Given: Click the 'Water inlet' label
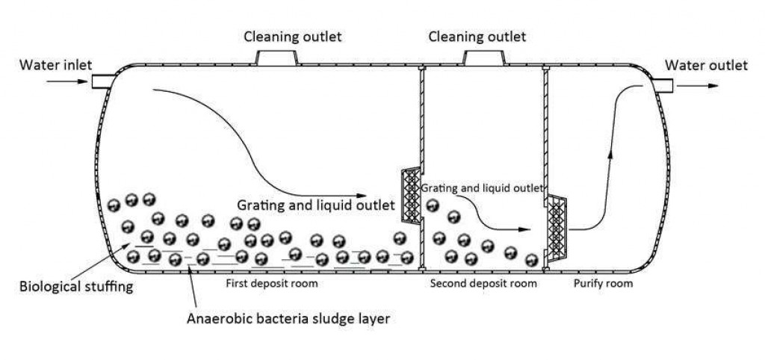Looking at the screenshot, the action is pyautogui.click(x=55, y=65).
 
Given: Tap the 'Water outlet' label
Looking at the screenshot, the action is pyautogui.click(x=706, y=66).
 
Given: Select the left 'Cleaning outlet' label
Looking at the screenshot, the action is pyautogui.click(x=293, y=37).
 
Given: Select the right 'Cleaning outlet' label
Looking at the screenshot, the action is pyautogui.click(x=477, y=37).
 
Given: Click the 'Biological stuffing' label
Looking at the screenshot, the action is pyautogui.click(x=76, y=286).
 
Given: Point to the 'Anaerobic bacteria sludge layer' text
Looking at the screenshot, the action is pyautogui.click(x=288, y=319).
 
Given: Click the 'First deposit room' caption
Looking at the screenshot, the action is pyautogui.click(x=272, y=283).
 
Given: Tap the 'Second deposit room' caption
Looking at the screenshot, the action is pyautogui.click(x=483, y=283).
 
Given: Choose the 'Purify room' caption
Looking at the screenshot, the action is pyautogui.click(x=603, y=283).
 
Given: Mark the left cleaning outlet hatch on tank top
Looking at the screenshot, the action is pyautogui.click(x=277, y=58).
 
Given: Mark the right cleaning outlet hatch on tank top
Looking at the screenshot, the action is pyautogui.click(x=484, y=58).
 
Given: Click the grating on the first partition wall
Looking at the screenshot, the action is pyautogui.click(x=411, y=196).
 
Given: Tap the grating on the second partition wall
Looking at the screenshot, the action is pyautogui.click(x=557, y=227).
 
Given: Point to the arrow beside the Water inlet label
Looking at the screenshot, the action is pyautogui.click(x=66, y=81).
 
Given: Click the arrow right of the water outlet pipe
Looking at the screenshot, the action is pyautogui.click(x=698, y=86).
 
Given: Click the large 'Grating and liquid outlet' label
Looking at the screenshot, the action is pyautogui.click(x=316, y=205).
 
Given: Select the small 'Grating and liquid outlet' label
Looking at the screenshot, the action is pyautogui.click(x=482, y=187).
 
